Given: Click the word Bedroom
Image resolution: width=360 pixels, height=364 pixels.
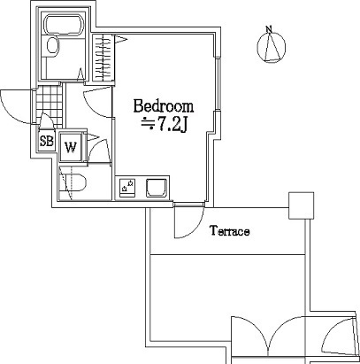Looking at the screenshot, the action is (164, 107).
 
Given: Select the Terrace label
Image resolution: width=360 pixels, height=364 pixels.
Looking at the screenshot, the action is (230, 231).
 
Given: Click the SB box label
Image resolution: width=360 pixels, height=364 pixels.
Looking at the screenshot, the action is (47, 141).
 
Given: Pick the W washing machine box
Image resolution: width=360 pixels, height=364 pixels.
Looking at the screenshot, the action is (71, 147).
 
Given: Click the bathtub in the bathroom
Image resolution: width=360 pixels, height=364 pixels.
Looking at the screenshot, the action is (65, 25).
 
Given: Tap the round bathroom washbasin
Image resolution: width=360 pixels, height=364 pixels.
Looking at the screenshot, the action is (53, 45).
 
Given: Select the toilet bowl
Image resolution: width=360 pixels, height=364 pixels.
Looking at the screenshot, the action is (75, 182).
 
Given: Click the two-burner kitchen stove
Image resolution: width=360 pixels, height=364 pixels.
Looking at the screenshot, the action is (127, 187).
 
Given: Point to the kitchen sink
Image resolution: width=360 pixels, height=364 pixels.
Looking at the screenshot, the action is (157, 188).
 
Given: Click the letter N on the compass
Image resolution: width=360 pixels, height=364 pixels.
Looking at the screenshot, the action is (269, 28).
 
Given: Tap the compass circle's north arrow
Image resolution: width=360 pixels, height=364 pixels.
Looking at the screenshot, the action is (272, 47).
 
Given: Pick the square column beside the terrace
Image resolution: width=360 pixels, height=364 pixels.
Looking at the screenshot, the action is (301, 205).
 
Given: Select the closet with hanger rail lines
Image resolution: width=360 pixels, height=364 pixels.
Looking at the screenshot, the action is (103, 58).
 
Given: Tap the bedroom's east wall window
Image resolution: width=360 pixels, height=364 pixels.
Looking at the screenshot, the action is (218, 85).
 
